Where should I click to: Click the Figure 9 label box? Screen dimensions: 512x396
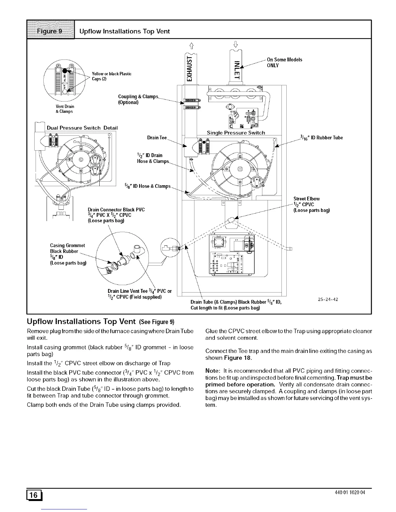pos(51,31)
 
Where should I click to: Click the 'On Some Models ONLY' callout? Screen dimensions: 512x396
pos(284,62)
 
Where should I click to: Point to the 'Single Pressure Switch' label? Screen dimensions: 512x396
pos(236,133)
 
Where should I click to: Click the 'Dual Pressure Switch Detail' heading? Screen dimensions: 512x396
pos(82,128)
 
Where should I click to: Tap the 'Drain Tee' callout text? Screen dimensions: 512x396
pos(157,138)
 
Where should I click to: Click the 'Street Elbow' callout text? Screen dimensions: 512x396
pos(306,199)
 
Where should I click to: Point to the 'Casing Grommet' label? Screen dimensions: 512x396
pos(67,246)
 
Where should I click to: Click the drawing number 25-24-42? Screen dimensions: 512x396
pos(328,299)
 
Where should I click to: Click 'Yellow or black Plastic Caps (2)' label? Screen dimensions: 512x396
pos(112,76)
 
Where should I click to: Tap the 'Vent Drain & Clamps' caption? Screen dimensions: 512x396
pos(65,109)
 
